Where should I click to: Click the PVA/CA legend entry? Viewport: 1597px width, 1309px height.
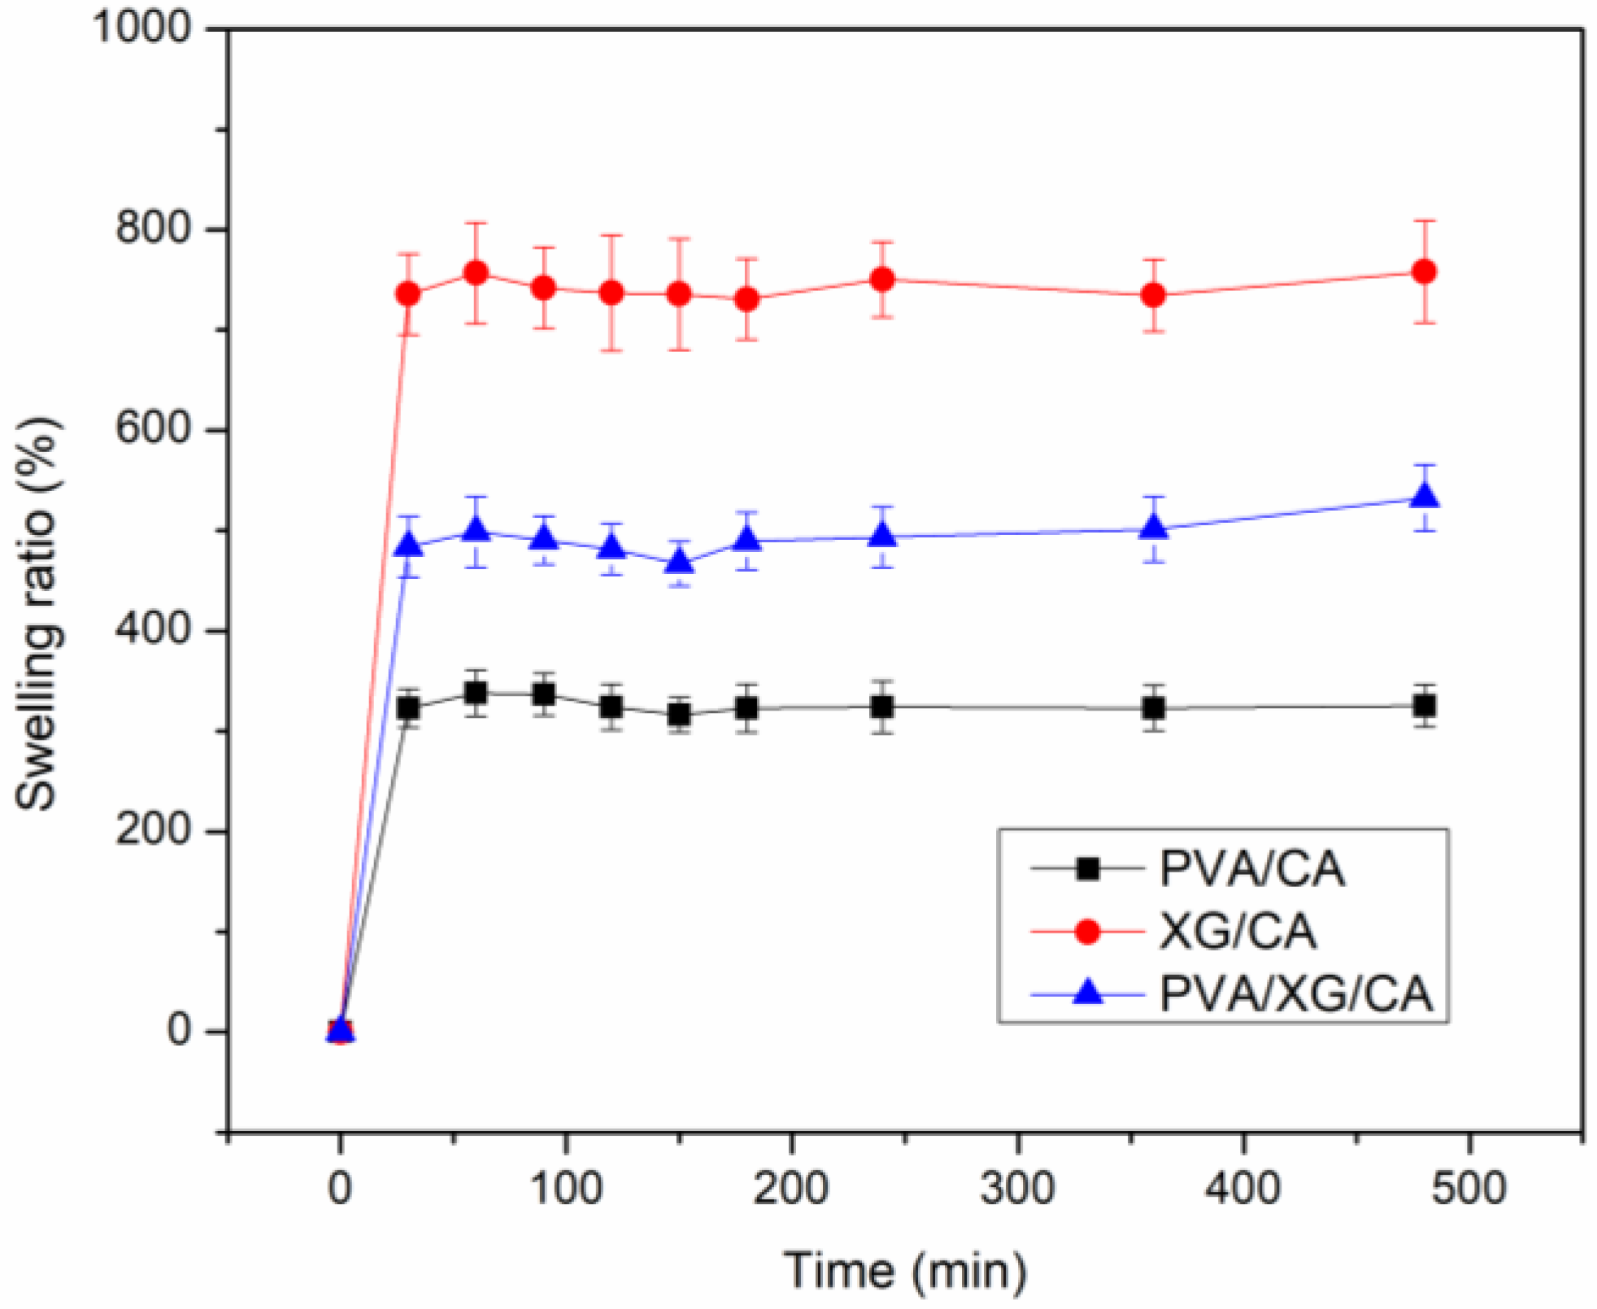(x=1251, y=868)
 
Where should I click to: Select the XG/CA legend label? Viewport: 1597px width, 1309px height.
(x=1237, y=932)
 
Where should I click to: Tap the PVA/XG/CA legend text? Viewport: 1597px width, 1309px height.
(x=1295, y=994)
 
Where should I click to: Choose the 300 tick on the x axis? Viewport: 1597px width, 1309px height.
(x=1017, y=1189)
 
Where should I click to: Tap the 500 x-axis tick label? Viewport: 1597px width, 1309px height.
(x=1469, y=1189)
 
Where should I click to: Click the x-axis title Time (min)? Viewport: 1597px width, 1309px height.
(x=904, y=1271)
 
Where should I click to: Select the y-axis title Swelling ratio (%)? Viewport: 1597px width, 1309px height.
(x=37, y=614)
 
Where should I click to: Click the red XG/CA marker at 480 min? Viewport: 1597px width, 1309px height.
(x=1424, y=272)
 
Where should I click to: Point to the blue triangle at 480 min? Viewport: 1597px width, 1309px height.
(x=1424, y=496)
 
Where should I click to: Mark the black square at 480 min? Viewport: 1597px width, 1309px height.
(x=1424, y=707)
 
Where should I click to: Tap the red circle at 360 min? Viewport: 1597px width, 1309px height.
(x=1153, y=295)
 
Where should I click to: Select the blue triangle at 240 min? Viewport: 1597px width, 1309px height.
(x=882, y=535)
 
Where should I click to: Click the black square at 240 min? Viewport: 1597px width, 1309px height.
(x=882, y=707)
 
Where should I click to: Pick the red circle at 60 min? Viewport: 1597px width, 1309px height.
(x=476, y=272)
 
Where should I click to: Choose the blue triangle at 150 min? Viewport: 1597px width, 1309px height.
(x=679, y=561)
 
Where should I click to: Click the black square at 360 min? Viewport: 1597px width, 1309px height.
(x=1153, y=708)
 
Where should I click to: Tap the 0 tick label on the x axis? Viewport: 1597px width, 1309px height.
(x=340, y=1189)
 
